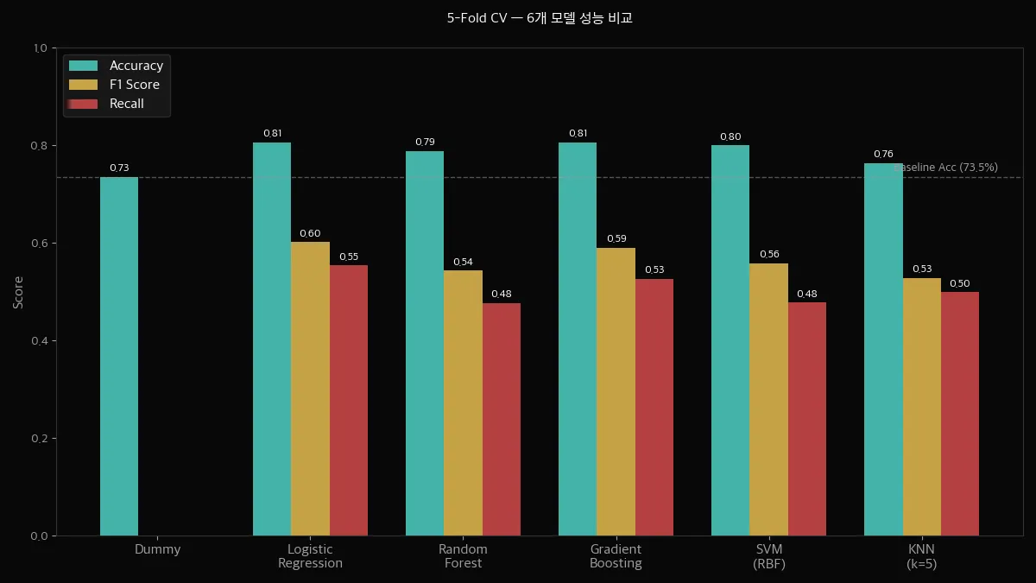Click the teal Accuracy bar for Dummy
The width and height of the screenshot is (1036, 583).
[119, 356]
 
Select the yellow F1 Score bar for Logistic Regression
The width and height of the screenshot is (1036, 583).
[310, 389]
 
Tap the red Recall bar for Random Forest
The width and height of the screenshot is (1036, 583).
[502, 419]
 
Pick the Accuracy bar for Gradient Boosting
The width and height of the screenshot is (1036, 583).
[578, 339]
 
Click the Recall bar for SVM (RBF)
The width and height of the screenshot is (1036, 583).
[807, 419]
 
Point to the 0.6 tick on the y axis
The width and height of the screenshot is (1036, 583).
[40, 244]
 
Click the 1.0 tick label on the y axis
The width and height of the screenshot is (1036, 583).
[40, 48]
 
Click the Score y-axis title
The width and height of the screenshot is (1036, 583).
[19, 292]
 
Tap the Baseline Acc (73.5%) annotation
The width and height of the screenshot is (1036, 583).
[946, 168]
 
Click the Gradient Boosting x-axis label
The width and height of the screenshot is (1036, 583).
[616, 556]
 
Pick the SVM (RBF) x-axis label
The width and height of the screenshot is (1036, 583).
[768, 556]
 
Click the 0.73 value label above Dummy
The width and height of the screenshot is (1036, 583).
[119, 168]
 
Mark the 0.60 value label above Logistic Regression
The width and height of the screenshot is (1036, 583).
[310, 233]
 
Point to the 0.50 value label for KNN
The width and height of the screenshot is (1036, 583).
[960, 283]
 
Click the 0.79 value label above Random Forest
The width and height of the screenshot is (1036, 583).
[425, 142]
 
